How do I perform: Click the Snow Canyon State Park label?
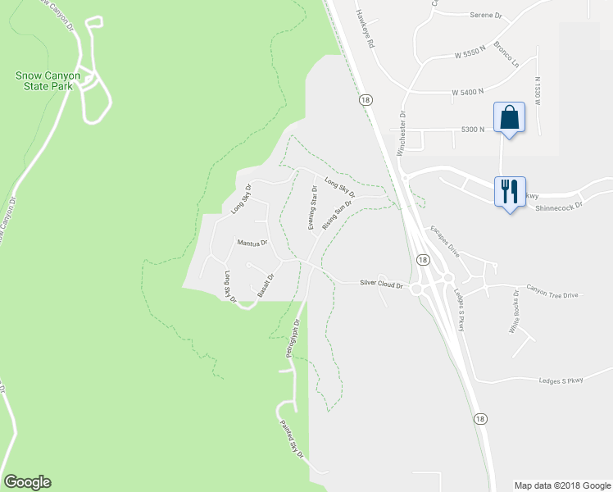tap(48, 80)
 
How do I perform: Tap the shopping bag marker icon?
tap(509, 117)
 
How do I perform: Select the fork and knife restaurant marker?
tap(509, 192)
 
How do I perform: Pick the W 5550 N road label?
tap(470, 55)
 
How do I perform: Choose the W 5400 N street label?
tap(468, 92)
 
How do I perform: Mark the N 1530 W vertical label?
tap(538, 91)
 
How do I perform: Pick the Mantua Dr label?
tap(252, 243)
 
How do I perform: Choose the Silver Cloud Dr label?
tap(382, 284)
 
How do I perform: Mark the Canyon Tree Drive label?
tap(552, 289)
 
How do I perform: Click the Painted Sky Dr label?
tap(292, 438)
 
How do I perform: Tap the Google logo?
tap(27, 482)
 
